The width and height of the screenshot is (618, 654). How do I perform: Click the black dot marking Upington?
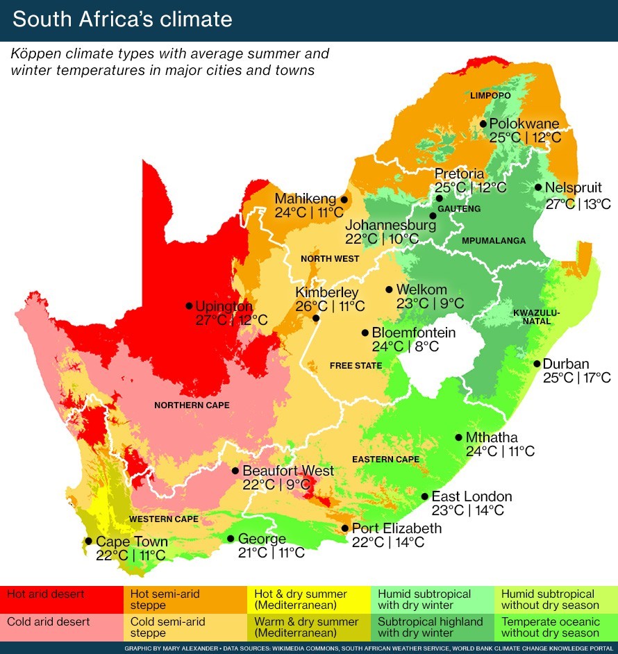[x=188, y=305]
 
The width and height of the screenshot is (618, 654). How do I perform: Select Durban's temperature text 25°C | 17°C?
[x=576, y=378]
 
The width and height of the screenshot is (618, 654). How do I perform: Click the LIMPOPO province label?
[x=490, y=95]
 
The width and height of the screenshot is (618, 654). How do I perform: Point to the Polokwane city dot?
[x=483, y=124]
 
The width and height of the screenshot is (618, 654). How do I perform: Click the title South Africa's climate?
[x=122, y=19]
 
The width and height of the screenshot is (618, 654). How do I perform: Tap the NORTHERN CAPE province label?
[x=192, y=405]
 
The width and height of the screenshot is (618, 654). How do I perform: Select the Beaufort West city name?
[x=287, y=471]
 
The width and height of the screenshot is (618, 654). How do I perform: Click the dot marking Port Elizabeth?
[x=345, y=528]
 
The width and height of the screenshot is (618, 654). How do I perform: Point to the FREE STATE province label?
[x=356, y=366]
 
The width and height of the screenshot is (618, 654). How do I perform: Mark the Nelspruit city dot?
[x=538, y=187]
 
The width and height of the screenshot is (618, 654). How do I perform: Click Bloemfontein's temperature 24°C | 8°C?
[x=406, y=346]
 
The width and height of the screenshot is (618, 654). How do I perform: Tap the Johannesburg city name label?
[x=390, y=225]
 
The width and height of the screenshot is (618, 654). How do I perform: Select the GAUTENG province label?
[x=459, y=209]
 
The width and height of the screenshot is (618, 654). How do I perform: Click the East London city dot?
[x=424, y=497]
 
